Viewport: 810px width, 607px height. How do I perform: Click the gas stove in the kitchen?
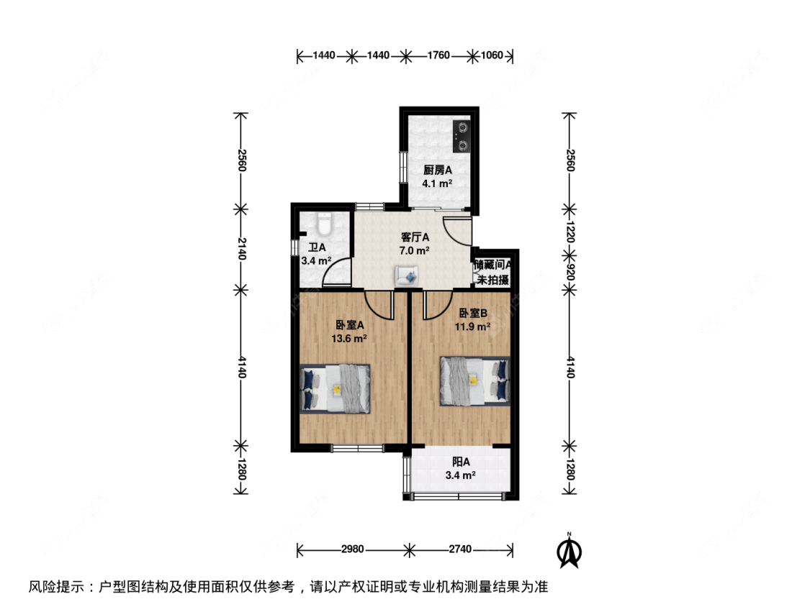pyautogui.click(x=462, y=137)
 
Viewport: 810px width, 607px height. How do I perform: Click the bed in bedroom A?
pyautogui.click(x=336, y=388)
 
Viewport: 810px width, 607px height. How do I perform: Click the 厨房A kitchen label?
pyautogui.click(x=436, y=170)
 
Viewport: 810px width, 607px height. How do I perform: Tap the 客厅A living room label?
pyautogui.click(x=415, y=237)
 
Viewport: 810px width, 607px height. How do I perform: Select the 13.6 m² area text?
pyautogui.click(x=351, y=338)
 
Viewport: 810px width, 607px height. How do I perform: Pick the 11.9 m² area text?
pyautogui.click(x=473, y=326)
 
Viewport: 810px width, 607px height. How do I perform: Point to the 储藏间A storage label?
pyautogui.click(x=492, y=265)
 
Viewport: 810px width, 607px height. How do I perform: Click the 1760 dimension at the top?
pyautogui.click(x=438, y=55)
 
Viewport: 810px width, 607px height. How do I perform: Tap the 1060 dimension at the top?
pyautogui.click(x=492, y=55)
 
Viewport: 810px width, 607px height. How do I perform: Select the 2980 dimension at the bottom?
pyautogui.click(x=353, y=549)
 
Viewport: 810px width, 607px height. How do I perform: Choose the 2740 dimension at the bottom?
pyautogui.click(x=460, y=549)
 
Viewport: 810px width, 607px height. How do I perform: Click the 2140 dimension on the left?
pyautogui.click(x=240, y=249)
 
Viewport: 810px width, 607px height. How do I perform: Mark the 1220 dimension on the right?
pyautogui.click(x=569, y=232)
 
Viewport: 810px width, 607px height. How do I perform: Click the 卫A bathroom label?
pyautogui.click(x=315, y=248)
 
